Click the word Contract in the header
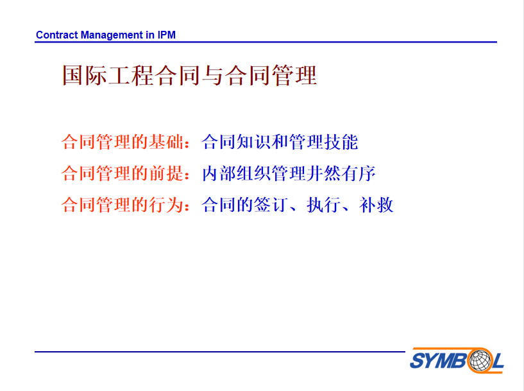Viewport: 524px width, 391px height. tap(57, 35)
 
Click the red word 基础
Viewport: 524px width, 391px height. tap(166, 142)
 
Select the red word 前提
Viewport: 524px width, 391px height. tap(166, 173)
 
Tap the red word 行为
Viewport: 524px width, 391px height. tap(166, 205)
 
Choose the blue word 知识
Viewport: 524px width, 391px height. tap(253, 142)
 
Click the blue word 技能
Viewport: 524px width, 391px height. tap(341, 142)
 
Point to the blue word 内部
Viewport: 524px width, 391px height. tap(219, 173)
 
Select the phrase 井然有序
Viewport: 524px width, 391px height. tap(341, 173)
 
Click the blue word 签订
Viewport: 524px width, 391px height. tap(271, 205)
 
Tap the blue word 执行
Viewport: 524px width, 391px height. tap(324, 205)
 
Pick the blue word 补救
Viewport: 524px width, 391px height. tap(376, 205)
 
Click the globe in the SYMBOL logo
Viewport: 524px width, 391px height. tap(480, 360)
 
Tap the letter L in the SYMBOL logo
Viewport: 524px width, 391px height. tap(498, 361)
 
